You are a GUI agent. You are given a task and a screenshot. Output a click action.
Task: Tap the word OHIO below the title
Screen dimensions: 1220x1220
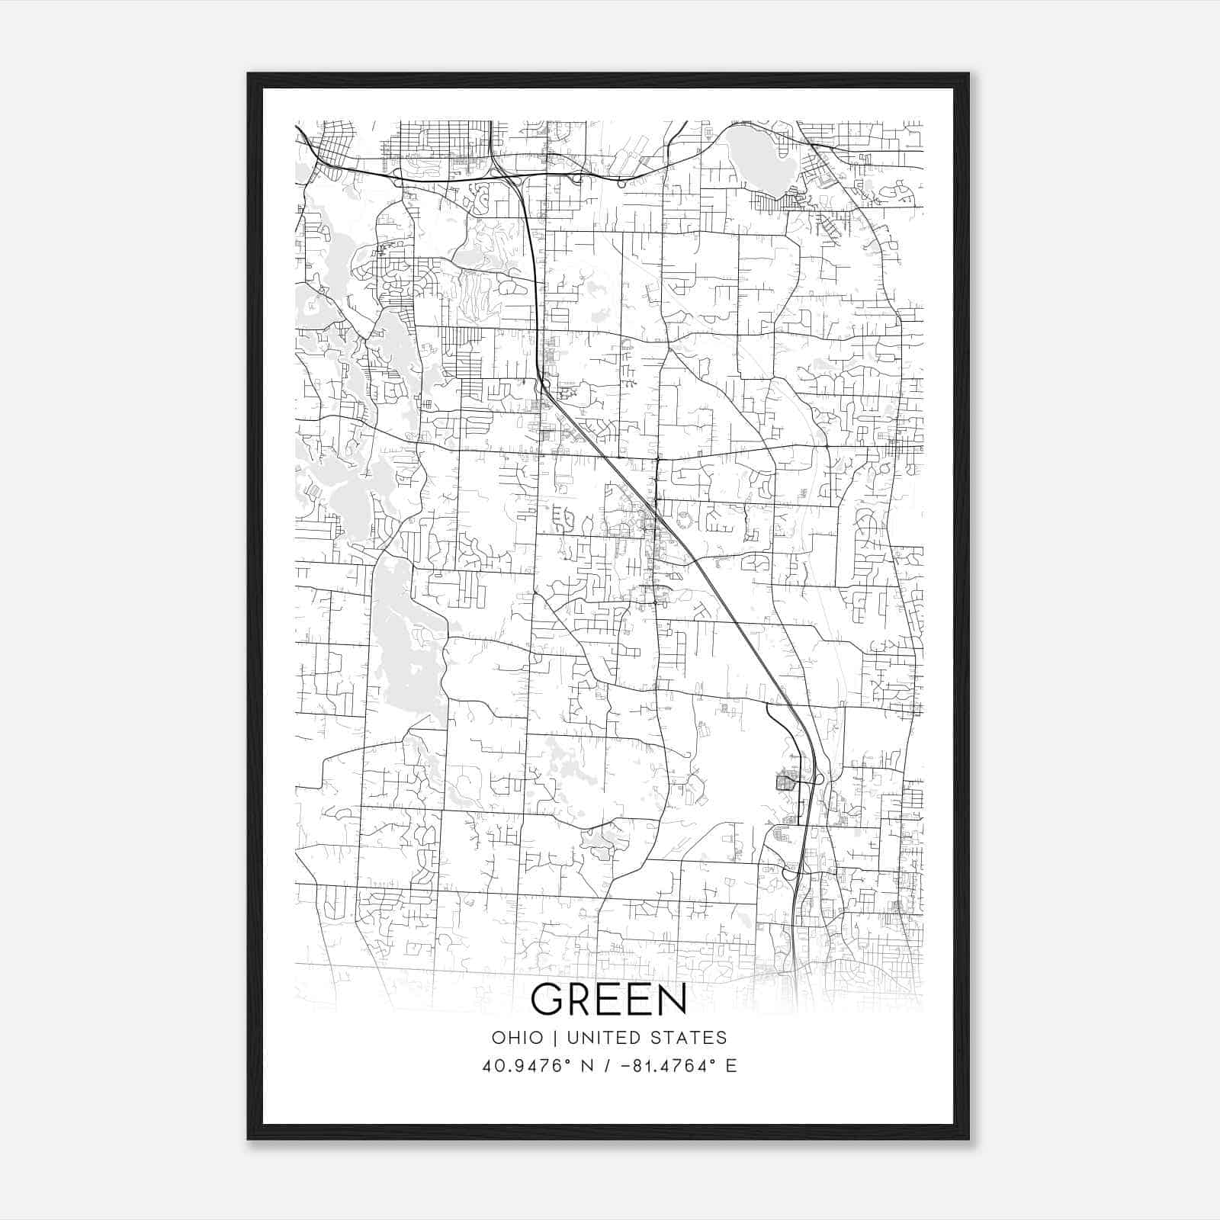[518, 1038]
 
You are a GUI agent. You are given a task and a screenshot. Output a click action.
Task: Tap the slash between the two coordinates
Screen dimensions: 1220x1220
[608, 1066]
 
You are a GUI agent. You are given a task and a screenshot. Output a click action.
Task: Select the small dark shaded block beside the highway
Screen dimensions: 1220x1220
[785, 782]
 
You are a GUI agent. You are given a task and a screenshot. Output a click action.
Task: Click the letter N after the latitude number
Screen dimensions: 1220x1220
[586, 1066]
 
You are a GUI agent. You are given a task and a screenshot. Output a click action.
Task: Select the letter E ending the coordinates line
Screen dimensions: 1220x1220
[731, 1066]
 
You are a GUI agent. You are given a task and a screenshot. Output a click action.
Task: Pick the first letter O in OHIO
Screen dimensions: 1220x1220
[499, 1038]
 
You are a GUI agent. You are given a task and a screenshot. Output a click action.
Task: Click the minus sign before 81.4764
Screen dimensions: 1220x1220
[627, 1066]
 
